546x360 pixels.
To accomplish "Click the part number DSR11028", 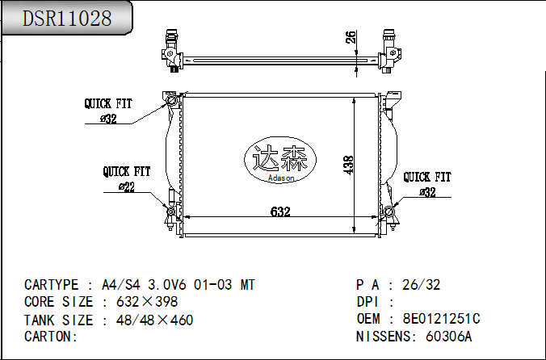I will click(x=67, y=19).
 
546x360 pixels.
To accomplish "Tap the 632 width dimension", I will click(x=280, y=211).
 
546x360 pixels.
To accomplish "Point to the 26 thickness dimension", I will click(x=350, y=37).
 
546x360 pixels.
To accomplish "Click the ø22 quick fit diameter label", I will click(x=126, y=187).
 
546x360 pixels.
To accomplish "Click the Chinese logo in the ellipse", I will click(x=279, y=157).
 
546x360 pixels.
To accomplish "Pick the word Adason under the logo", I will click(x=280, y=178).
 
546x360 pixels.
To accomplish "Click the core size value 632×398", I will click(x=148, y=302).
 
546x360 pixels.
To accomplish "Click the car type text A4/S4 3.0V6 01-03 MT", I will click(x=178, y=285).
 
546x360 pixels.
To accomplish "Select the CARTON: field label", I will click(x=51, y=336).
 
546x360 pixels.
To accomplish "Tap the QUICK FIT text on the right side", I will click(x=427, y=177).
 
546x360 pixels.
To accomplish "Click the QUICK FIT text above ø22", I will click(x=127, y=172).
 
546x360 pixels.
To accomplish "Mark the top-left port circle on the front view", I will click(x=171, y=99).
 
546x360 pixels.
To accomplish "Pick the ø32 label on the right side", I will click(x=427, y=192).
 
